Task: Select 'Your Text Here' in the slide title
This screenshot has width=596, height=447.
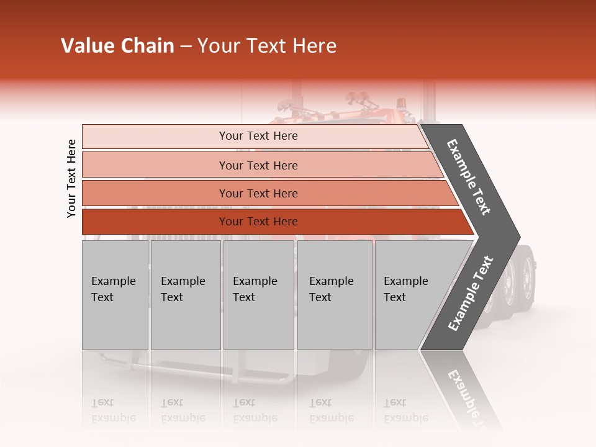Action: [x=267, y=46]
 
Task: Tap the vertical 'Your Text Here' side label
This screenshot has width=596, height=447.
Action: [x=71, y=178]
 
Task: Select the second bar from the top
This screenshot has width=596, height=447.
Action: [x=258, y=165]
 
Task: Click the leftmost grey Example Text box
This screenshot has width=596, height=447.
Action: [x=115, y=295]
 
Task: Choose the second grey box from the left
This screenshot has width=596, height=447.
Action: [x=186, y=295]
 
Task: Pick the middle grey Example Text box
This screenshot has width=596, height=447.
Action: [x=258, y=295]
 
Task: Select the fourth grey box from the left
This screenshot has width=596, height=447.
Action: [x=335, y=295]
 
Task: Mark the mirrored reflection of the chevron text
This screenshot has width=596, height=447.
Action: [x=469, y=397]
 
